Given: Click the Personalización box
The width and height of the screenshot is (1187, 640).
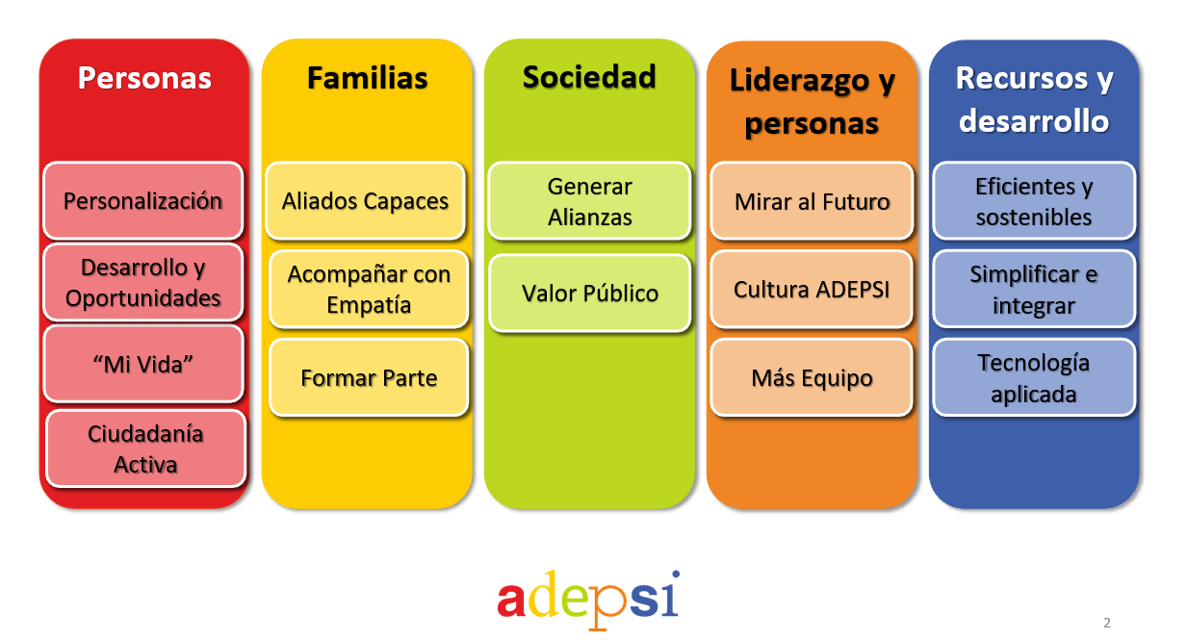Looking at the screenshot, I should tap(143, 201).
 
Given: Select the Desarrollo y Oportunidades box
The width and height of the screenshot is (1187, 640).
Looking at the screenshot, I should tap(143, 283).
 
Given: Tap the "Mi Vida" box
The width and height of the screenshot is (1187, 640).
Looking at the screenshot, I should tap(143, 364).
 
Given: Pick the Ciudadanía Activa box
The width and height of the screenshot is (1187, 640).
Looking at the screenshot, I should tap(145, 448).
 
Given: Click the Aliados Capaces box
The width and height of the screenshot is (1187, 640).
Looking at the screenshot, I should tap(366, 201).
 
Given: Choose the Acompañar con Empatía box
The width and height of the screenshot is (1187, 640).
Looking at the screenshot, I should tap(369, 289).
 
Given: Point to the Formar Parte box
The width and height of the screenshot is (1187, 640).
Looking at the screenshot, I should tap(369, 377).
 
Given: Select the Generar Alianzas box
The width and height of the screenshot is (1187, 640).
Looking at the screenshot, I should tap(589, 201).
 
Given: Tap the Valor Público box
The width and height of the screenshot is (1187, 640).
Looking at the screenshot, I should tap(589, 293).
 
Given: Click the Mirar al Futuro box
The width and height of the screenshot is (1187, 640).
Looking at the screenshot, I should tap(812, 201).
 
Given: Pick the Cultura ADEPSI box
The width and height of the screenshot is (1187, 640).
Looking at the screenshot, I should tap(812, 289).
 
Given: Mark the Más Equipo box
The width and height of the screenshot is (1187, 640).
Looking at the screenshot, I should tap(812, 377).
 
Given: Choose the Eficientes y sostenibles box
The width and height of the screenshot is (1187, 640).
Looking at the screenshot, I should tap(1034, 201).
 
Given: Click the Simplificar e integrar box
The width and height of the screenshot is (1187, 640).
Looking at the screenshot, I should tap(1034, 289).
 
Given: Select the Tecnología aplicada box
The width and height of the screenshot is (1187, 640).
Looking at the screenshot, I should tap(1034, 377).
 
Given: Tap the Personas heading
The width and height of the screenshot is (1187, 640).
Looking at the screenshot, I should tap(144, 78).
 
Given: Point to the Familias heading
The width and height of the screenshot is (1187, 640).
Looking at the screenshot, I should tap(367, 78).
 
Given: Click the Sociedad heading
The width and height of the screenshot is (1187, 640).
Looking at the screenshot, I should tap(589, 77).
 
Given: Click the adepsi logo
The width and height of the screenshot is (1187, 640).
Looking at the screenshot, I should tap(588, 598).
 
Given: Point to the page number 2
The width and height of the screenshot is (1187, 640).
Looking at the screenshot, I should tap(1106, 623).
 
